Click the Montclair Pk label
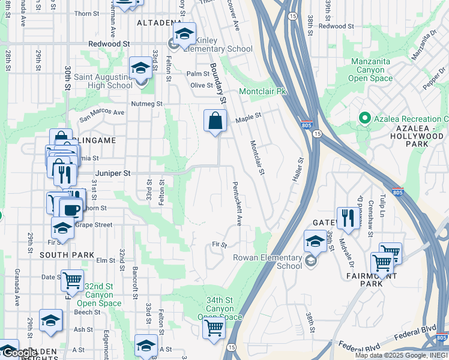(x=264, y=92)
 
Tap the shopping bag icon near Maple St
(x=215, y=121)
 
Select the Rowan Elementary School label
(x=268, y=262)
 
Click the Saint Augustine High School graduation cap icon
(x=141, y=68)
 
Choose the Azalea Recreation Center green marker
(x=363, y=119)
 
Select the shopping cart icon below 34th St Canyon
(x=214, y=328)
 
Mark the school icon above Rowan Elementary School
(x=315, y=242)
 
